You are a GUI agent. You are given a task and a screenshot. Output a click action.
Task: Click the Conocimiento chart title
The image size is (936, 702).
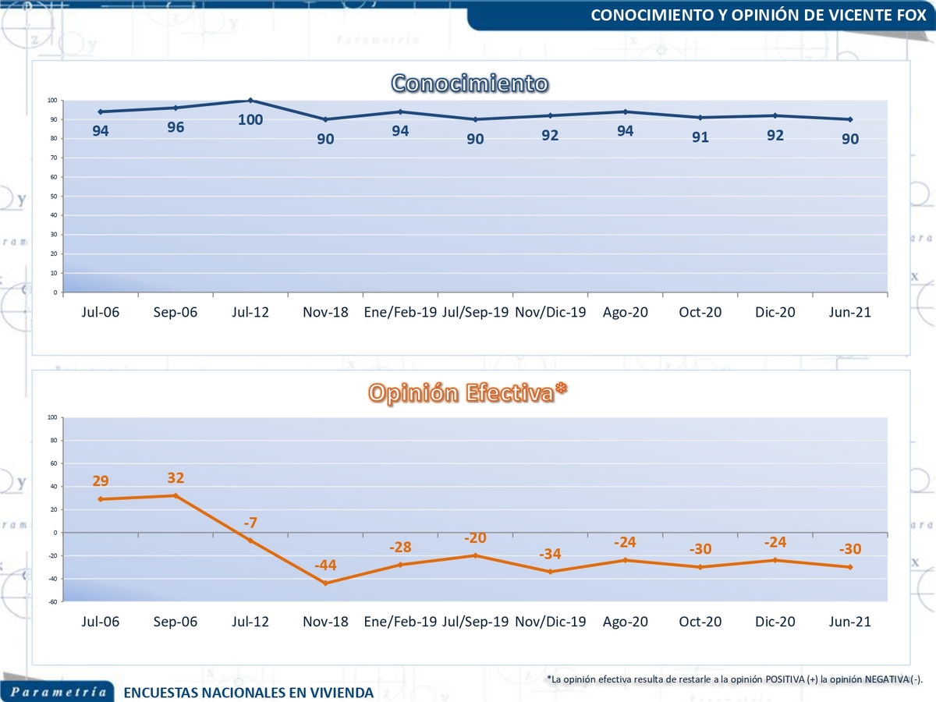[x=469, y=83]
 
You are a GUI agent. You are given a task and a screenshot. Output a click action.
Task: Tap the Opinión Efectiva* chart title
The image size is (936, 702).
[x=467, y=393]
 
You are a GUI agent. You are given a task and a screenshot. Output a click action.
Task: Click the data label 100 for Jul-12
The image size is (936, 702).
[x=250, y=120]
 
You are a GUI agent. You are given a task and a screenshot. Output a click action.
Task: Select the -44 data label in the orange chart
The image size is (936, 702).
[x=325, y=565]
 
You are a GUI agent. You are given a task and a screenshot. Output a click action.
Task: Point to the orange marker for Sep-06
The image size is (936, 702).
[x=175, y=495]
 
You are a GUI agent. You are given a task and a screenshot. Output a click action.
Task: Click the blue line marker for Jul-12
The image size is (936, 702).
[x=250, y=100]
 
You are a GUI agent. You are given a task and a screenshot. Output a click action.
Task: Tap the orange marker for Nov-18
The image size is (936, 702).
[x=325, y=583]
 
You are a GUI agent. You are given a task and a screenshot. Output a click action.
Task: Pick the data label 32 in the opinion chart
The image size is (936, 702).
[x=175, y=477]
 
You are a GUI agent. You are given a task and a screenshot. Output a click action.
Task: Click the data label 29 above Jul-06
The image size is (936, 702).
[x=101, y=481]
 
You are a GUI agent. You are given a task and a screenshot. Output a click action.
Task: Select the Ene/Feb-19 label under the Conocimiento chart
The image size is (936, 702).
[x=400, y=312]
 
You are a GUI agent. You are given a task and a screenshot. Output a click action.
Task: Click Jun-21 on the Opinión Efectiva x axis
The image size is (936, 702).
[x=849, y=622]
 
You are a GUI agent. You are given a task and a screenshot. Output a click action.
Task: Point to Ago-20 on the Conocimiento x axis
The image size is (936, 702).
[x=625, y=312]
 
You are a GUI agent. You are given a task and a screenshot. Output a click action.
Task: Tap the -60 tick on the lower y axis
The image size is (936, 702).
[x=51, y=602]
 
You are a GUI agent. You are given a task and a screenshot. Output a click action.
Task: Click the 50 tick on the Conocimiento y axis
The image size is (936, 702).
[x=54, y=197]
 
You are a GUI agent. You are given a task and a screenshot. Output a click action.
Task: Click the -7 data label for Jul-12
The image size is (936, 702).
[x=250, y=523]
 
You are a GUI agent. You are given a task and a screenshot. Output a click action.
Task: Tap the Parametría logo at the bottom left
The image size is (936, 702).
[x=57, y=692]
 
